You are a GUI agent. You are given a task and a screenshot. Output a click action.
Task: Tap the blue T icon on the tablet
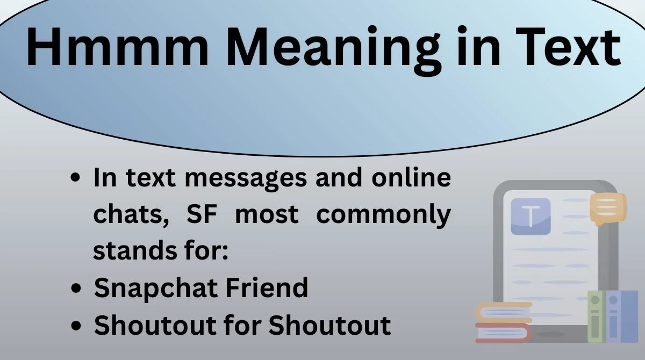coord(531,217)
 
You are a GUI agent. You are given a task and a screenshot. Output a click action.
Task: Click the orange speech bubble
coord(607,208)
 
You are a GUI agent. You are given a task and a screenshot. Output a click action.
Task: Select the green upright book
coord(596,318)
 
